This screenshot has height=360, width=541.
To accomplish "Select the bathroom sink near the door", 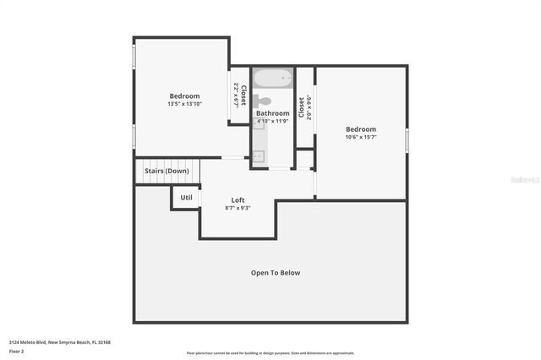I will pyautogui.click(x=259, y=155).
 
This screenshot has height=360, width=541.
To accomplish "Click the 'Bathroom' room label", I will pyautogui.click(x=273, y=113).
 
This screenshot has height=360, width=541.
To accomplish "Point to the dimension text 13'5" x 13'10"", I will pyautogui.click(x=184, y=104).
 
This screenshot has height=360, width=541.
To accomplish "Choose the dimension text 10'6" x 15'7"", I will pyautogui.click(x=361, y=137).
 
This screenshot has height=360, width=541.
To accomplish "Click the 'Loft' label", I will pyautogui.click(x=238, y=200).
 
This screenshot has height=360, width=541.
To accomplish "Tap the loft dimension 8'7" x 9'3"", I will pyautogui.click(x=238, y=208).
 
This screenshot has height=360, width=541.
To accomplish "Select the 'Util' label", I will pyautogui.click(x=186, y=198).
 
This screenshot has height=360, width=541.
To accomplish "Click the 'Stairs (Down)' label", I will pyautogui.click(x=167, y=171).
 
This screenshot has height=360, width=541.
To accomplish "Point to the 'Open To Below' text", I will pyautogui.click(x=276, y=273).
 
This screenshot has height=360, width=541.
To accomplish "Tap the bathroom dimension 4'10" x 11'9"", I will pyautogui.click(x=273, y=121).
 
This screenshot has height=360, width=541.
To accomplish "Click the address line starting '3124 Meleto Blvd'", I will pyautogui.click(x=60, y=342).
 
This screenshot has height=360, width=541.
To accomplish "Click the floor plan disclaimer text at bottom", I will pyautogui.click(x=270, y=353).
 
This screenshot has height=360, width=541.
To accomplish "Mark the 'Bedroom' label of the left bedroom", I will pyautogui.click(x=184, y=95).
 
